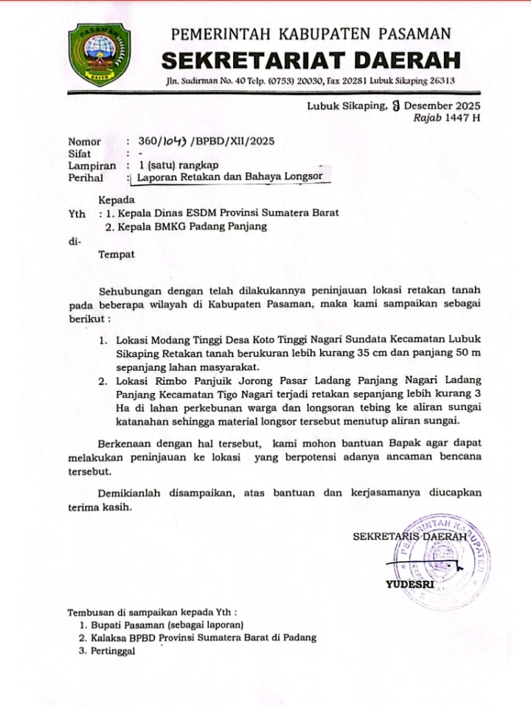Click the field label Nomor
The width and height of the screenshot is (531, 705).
[83, 141]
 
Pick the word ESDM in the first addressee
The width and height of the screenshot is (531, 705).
[206, 213]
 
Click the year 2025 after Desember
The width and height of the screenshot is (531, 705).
[468, 105]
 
